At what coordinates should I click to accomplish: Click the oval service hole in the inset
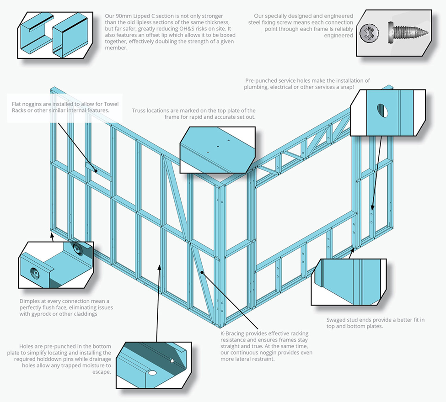(x=381, y=110)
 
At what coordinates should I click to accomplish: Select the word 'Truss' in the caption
(x=140, y=111)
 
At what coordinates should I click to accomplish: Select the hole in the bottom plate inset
(x=172, y=360)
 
